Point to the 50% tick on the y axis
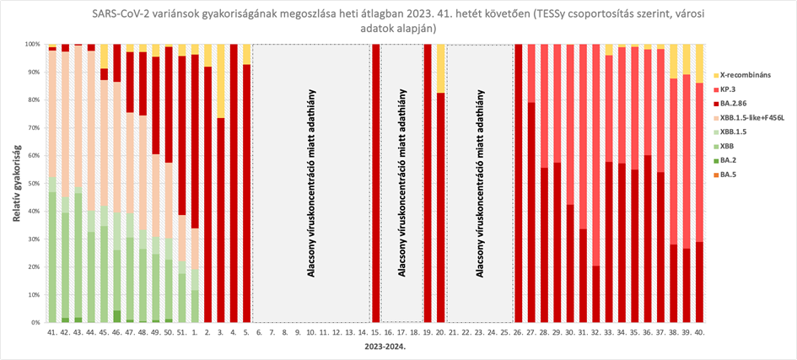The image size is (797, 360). [x=36, y=183]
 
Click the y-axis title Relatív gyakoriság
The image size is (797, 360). [x=17, y=183]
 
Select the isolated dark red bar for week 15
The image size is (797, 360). [x=376, y=183]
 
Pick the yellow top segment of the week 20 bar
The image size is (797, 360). [x=440, y=67]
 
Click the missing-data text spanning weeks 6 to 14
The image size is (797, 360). [x=310, y=183]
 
